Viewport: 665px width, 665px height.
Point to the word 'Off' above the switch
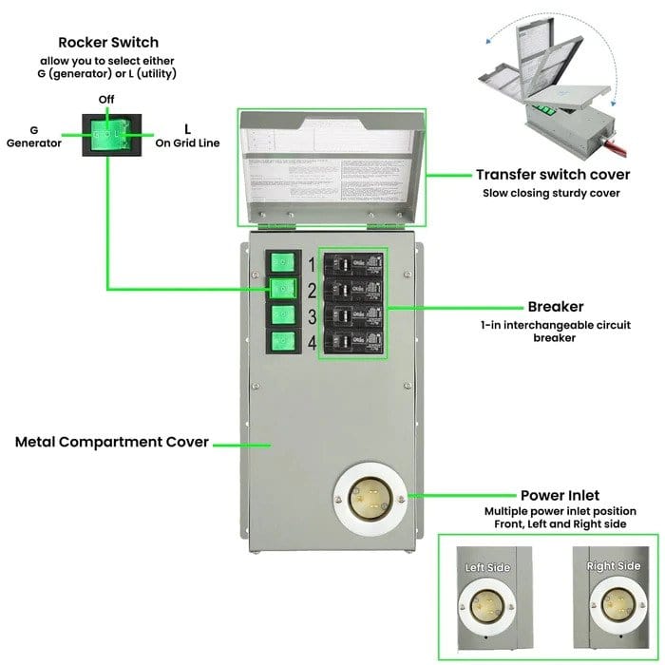107,100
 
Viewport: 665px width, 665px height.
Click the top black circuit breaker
353,264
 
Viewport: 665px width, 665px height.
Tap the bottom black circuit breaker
353,342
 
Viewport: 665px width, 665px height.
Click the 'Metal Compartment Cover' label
112,442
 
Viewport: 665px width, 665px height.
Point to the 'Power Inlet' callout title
559,495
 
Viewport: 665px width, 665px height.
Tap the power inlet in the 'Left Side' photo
487,602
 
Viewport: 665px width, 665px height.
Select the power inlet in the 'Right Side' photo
613,602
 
